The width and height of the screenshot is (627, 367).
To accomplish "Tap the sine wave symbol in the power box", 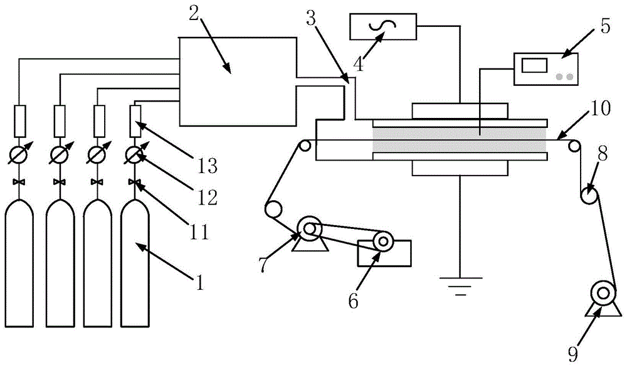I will click(x=382, y=27).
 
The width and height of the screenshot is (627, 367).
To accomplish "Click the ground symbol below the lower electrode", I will click(x=460, y=287).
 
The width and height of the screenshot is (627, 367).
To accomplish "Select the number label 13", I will click(x=208, y=167).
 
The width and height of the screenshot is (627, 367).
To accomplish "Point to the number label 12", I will click(x=208, y=198).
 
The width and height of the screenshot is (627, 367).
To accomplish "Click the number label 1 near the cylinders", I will click(x=199, y=282).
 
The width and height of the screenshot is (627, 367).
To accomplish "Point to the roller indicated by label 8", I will click(x=590, y=195).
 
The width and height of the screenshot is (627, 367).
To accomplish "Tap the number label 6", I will click(x=354, y=301).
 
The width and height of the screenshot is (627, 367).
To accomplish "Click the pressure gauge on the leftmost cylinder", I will click(x=19, y=154).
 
